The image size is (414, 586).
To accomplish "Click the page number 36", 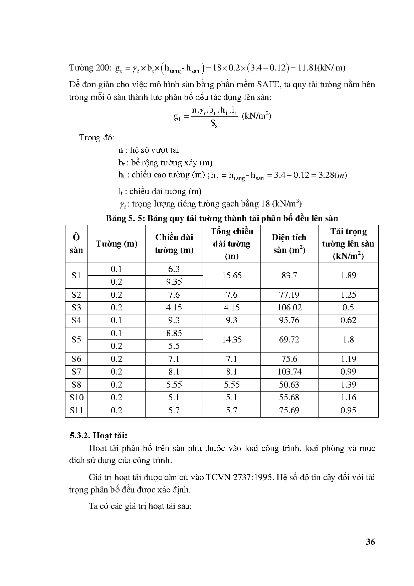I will click(x=370, y=542).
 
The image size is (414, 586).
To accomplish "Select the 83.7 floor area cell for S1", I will click(x=289, y=276).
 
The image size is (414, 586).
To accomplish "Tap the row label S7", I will click(x=76, y=372).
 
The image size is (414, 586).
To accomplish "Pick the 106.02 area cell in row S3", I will click(x=289, y=308).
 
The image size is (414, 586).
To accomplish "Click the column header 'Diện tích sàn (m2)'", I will click(x=289, y=244).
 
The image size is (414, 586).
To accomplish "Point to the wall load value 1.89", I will click(x=348, y=276).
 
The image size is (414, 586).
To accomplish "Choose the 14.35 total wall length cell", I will click(x=232, y=340).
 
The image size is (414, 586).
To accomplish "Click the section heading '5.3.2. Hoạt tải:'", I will click(x=99, y=436).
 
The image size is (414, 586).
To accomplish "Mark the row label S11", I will click(x=76, y=411).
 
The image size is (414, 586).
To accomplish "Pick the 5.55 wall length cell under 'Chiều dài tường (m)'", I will click(x=174, y=385).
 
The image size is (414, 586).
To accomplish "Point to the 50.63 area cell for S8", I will click(x=289, y=385).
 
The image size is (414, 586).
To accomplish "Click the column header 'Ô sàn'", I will click(x=76, y=244).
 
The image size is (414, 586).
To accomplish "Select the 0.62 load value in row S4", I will click(x=348, y=320).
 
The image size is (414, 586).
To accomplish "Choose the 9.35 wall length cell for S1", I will click(x=174, y=282).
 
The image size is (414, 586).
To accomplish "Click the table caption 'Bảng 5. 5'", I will click(x=125, y=218).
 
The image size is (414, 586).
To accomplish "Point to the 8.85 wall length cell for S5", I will click(x=174, y=333).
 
